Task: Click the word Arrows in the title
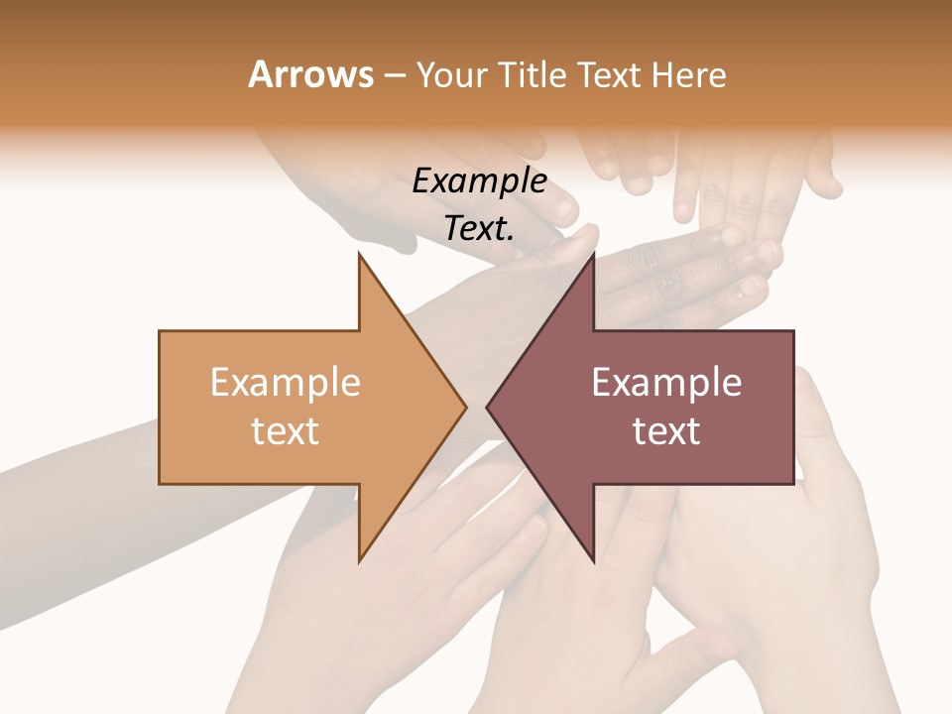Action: click(x=311, y=74)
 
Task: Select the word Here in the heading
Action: click(x=688, y=74)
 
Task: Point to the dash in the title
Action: click(x=395, y=75)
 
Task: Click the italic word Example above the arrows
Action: click(x=480, y=180)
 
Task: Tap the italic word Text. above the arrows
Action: click(x=480, y=228)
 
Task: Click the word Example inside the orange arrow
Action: click(x=286, y=382)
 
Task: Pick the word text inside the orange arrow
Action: click(x=286, y=430)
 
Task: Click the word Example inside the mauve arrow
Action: click(x=666, y=382)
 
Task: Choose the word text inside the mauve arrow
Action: click(x=666, y=430)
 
